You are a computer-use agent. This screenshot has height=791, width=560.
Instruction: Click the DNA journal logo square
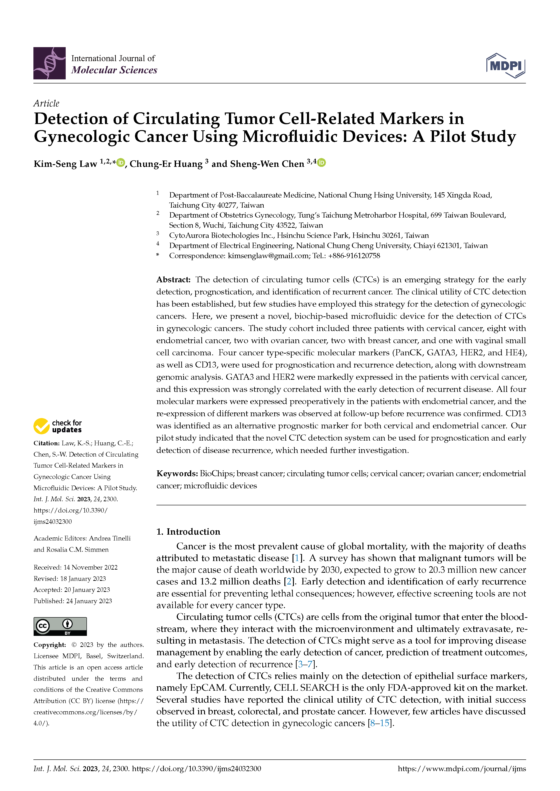point(49,63)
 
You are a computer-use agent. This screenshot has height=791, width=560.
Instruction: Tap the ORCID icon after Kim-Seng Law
point(121,163)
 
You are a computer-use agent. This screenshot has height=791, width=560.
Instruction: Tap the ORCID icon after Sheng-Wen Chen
point(321,163)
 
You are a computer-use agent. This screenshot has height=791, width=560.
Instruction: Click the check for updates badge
point(58,426)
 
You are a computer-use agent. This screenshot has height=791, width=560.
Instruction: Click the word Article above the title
point(46,103)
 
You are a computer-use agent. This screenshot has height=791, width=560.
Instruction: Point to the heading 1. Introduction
point(188,532)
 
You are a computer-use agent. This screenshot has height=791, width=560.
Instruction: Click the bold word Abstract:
point(173,279)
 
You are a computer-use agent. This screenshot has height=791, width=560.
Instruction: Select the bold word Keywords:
point(177,473)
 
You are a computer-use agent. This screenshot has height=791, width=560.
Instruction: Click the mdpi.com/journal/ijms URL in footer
point(462,769)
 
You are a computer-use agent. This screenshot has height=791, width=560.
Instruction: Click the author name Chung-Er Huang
point(166,164)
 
